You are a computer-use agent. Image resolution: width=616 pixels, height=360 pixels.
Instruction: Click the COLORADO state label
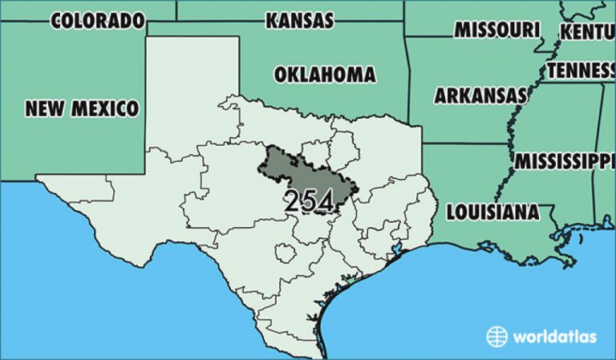click(98, 20)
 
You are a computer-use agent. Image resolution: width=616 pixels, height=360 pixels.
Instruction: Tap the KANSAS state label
click(299, 20)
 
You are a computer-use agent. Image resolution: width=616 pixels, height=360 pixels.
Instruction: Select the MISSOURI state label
click(496, 30)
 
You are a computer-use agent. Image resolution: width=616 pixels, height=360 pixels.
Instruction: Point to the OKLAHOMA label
click(324, 75)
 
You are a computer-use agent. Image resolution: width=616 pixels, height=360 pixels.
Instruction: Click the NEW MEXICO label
click(81, 107)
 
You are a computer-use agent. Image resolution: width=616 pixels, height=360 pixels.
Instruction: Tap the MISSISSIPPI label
click(565, 160)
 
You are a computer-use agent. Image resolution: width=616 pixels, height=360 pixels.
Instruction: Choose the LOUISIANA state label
click(492, 212)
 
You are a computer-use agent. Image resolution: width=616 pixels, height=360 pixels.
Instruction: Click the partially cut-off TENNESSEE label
click(581, 71)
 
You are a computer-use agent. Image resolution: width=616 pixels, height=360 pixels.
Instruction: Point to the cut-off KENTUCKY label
click(587, 32)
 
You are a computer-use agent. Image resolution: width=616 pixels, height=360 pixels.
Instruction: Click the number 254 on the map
click(309, 201)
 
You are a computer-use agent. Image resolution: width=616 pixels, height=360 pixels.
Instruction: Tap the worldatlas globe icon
click(497, 336)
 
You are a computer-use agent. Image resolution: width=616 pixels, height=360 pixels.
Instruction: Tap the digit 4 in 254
click(325, 201)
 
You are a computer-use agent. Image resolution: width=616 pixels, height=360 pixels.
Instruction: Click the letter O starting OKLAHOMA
click(281, 75)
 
